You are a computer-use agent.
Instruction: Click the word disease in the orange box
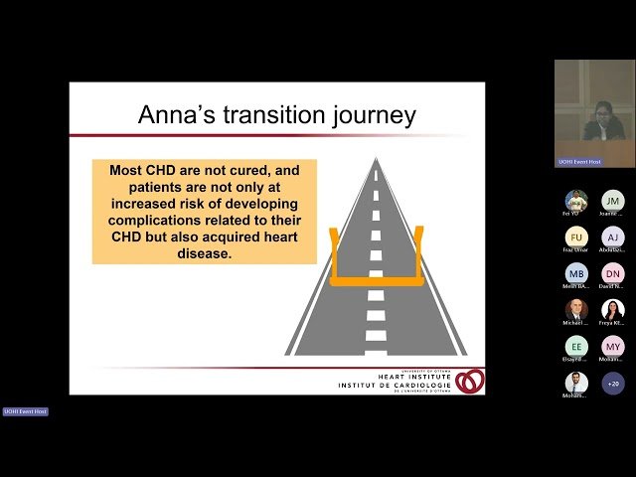[204, 252]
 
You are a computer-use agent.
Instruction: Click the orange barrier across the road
[375, 279]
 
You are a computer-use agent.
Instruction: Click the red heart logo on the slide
[470, 381]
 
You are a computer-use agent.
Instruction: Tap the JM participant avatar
[613, 201]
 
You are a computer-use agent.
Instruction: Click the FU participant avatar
[576, 237]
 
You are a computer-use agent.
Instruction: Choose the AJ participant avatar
[613, 237]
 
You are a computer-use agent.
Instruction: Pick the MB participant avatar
[576, 273]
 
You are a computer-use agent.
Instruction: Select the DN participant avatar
[613, 273]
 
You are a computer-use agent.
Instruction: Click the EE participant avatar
[576, 346]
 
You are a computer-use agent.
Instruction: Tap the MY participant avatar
[613, 346]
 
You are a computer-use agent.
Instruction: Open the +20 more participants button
[613, 383]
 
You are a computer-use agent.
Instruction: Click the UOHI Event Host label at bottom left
[25, 411]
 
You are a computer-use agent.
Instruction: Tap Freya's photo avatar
[613, 310]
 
